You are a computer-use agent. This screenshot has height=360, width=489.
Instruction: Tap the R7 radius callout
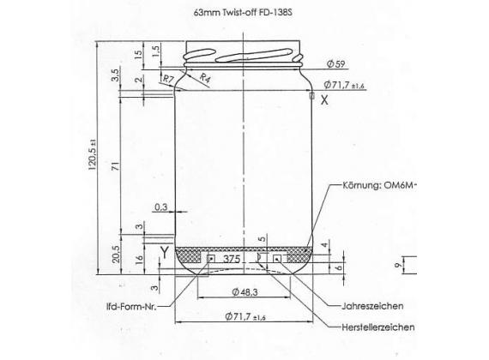coord(168,79)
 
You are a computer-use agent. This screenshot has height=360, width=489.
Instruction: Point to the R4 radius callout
coord(206,79)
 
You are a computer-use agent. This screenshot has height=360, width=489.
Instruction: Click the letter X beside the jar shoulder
coord(324,100)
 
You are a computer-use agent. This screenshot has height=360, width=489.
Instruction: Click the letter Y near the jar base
coord(162,250)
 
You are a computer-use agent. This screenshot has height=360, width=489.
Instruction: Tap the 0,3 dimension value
coord(160,207)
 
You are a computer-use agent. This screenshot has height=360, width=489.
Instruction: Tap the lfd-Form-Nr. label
coord(124,306)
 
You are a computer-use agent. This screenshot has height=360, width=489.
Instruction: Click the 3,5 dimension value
coord(115,75)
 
